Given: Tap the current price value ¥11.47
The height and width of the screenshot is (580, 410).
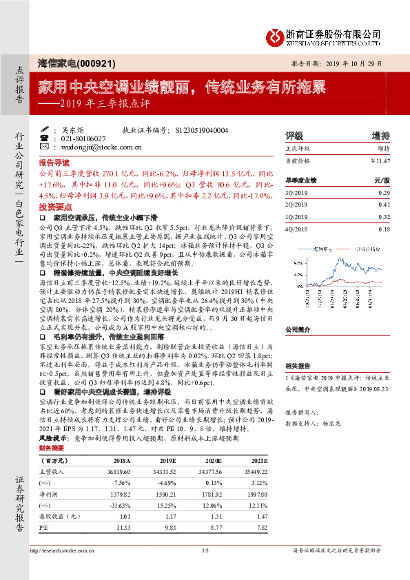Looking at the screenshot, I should (380, 160).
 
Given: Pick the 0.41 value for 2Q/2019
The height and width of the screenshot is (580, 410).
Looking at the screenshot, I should (384, 205).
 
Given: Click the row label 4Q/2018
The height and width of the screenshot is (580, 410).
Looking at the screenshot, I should (297, 229).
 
